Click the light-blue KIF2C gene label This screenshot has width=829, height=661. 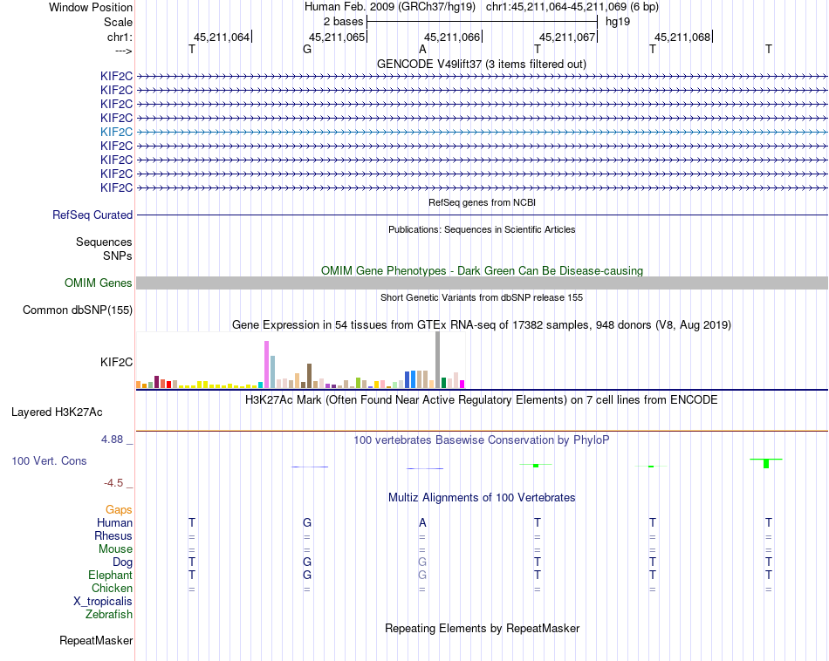(116, 132)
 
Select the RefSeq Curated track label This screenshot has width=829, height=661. (92, 215)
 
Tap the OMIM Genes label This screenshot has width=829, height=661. (99, 283)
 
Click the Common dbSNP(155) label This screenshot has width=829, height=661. (78, 310)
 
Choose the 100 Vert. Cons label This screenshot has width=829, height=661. (49, 460)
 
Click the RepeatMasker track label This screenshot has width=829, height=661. (96, 641)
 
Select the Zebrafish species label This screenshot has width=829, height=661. (109, 615)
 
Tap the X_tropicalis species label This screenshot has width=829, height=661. (103, 602)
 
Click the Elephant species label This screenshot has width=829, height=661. (110, 576)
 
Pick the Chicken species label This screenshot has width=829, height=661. (112, 589)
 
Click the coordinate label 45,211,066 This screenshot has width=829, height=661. (452, 37)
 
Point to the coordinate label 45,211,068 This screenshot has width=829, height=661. (682, 37)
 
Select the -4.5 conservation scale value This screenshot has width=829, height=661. (114, 482)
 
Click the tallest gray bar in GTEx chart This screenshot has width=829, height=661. (437, 359)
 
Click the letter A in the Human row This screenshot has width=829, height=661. (422, 522)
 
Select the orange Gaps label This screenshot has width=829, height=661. (119, 509)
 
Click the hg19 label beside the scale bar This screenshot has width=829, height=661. (618, 21)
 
